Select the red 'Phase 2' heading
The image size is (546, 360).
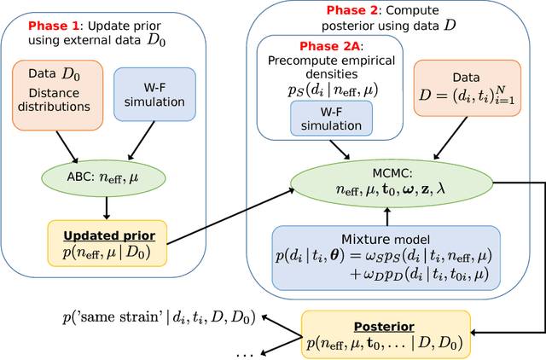(x=328, y=11)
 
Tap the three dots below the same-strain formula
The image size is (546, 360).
(x=244, y=353)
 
